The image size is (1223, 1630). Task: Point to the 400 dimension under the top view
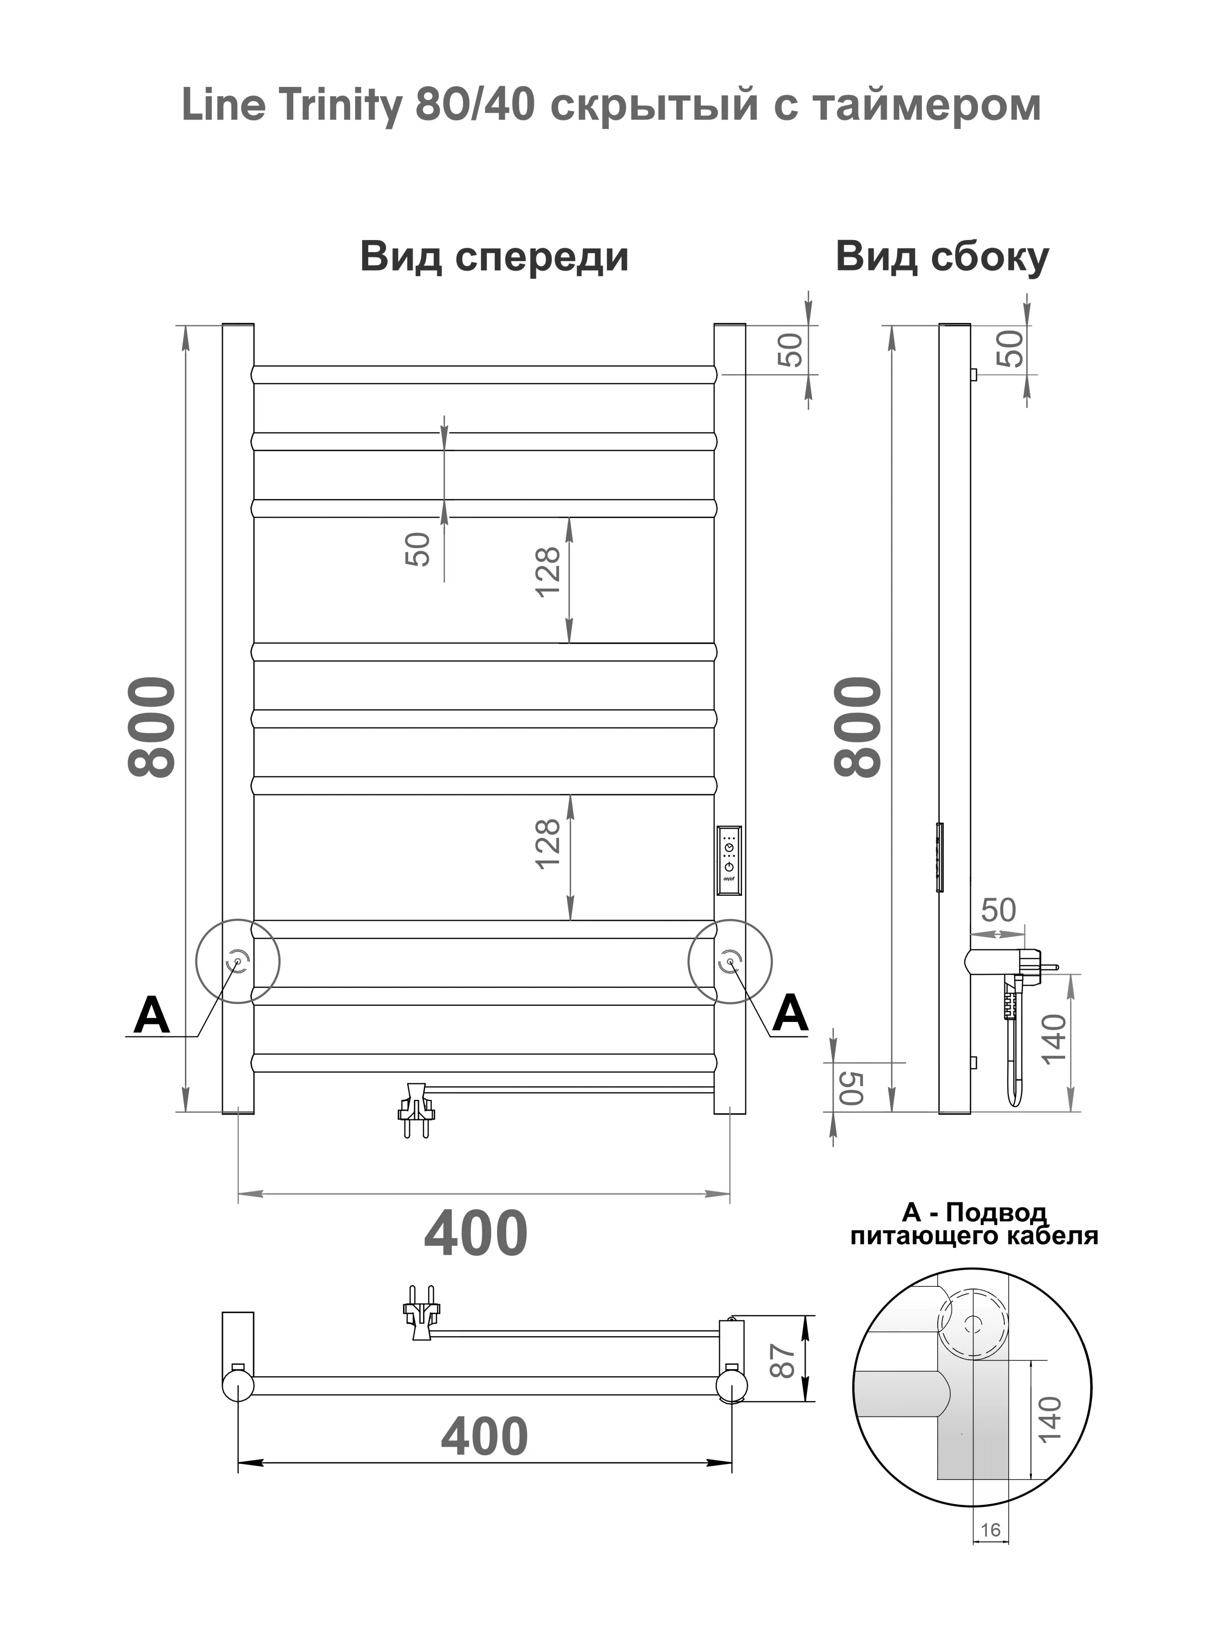tap(484, 1436)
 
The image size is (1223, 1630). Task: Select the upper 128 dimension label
tap(548, 572)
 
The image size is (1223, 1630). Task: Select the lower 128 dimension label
tap(548, 844)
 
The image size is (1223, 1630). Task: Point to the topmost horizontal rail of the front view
tap(483, 374)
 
